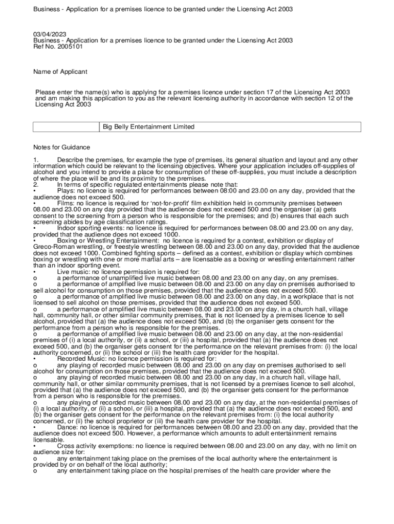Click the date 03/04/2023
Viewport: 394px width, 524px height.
[x=48, y=34]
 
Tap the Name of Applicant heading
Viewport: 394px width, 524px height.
[x=60, y=72]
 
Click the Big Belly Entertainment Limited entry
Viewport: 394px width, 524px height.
[x=148, y=127]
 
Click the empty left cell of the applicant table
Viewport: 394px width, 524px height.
[x=66, y=127]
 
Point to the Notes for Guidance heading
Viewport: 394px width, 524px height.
[x=62, y=147]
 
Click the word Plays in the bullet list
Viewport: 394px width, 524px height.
[x=65, y=191]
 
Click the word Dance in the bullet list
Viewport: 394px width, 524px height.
[x=67, y=427]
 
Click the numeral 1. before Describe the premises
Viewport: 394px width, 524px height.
[x=35, y=160]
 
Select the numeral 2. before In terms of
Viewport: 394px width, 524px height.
[x=35, y=185]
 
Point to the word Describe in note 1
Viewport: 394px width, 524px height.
[x=70, y=160]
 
